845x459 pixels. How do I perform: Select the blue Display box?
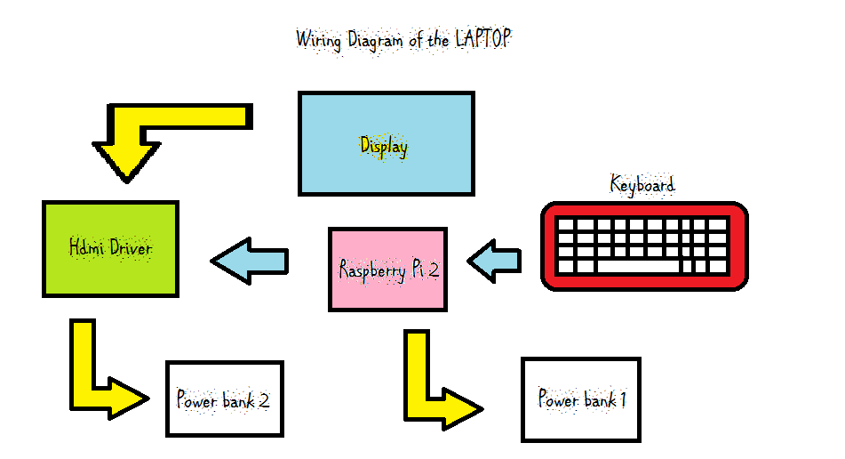point(386,143)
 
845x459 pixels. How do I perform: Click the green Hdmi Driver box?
point(110,248)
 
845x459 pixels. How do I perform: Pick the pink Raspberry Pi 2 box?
point(388,270)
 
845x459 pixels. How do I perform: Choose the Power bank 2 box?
point(224,399)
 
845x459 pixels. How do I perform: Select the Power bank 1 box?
point(580,399)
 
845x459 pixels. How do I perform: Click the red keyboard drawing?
point(644,246)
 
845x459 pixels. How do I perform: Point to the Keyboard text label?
point(642,185)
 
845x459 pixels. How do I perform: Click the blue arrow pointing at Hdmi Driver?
point(250,261)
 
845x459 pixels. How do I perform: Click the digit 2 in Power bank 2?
point(264,400)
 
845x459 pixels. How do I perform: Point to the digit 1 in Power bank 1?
point(623,400)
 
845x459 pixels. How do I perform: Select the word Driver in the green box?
point(131,247)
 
